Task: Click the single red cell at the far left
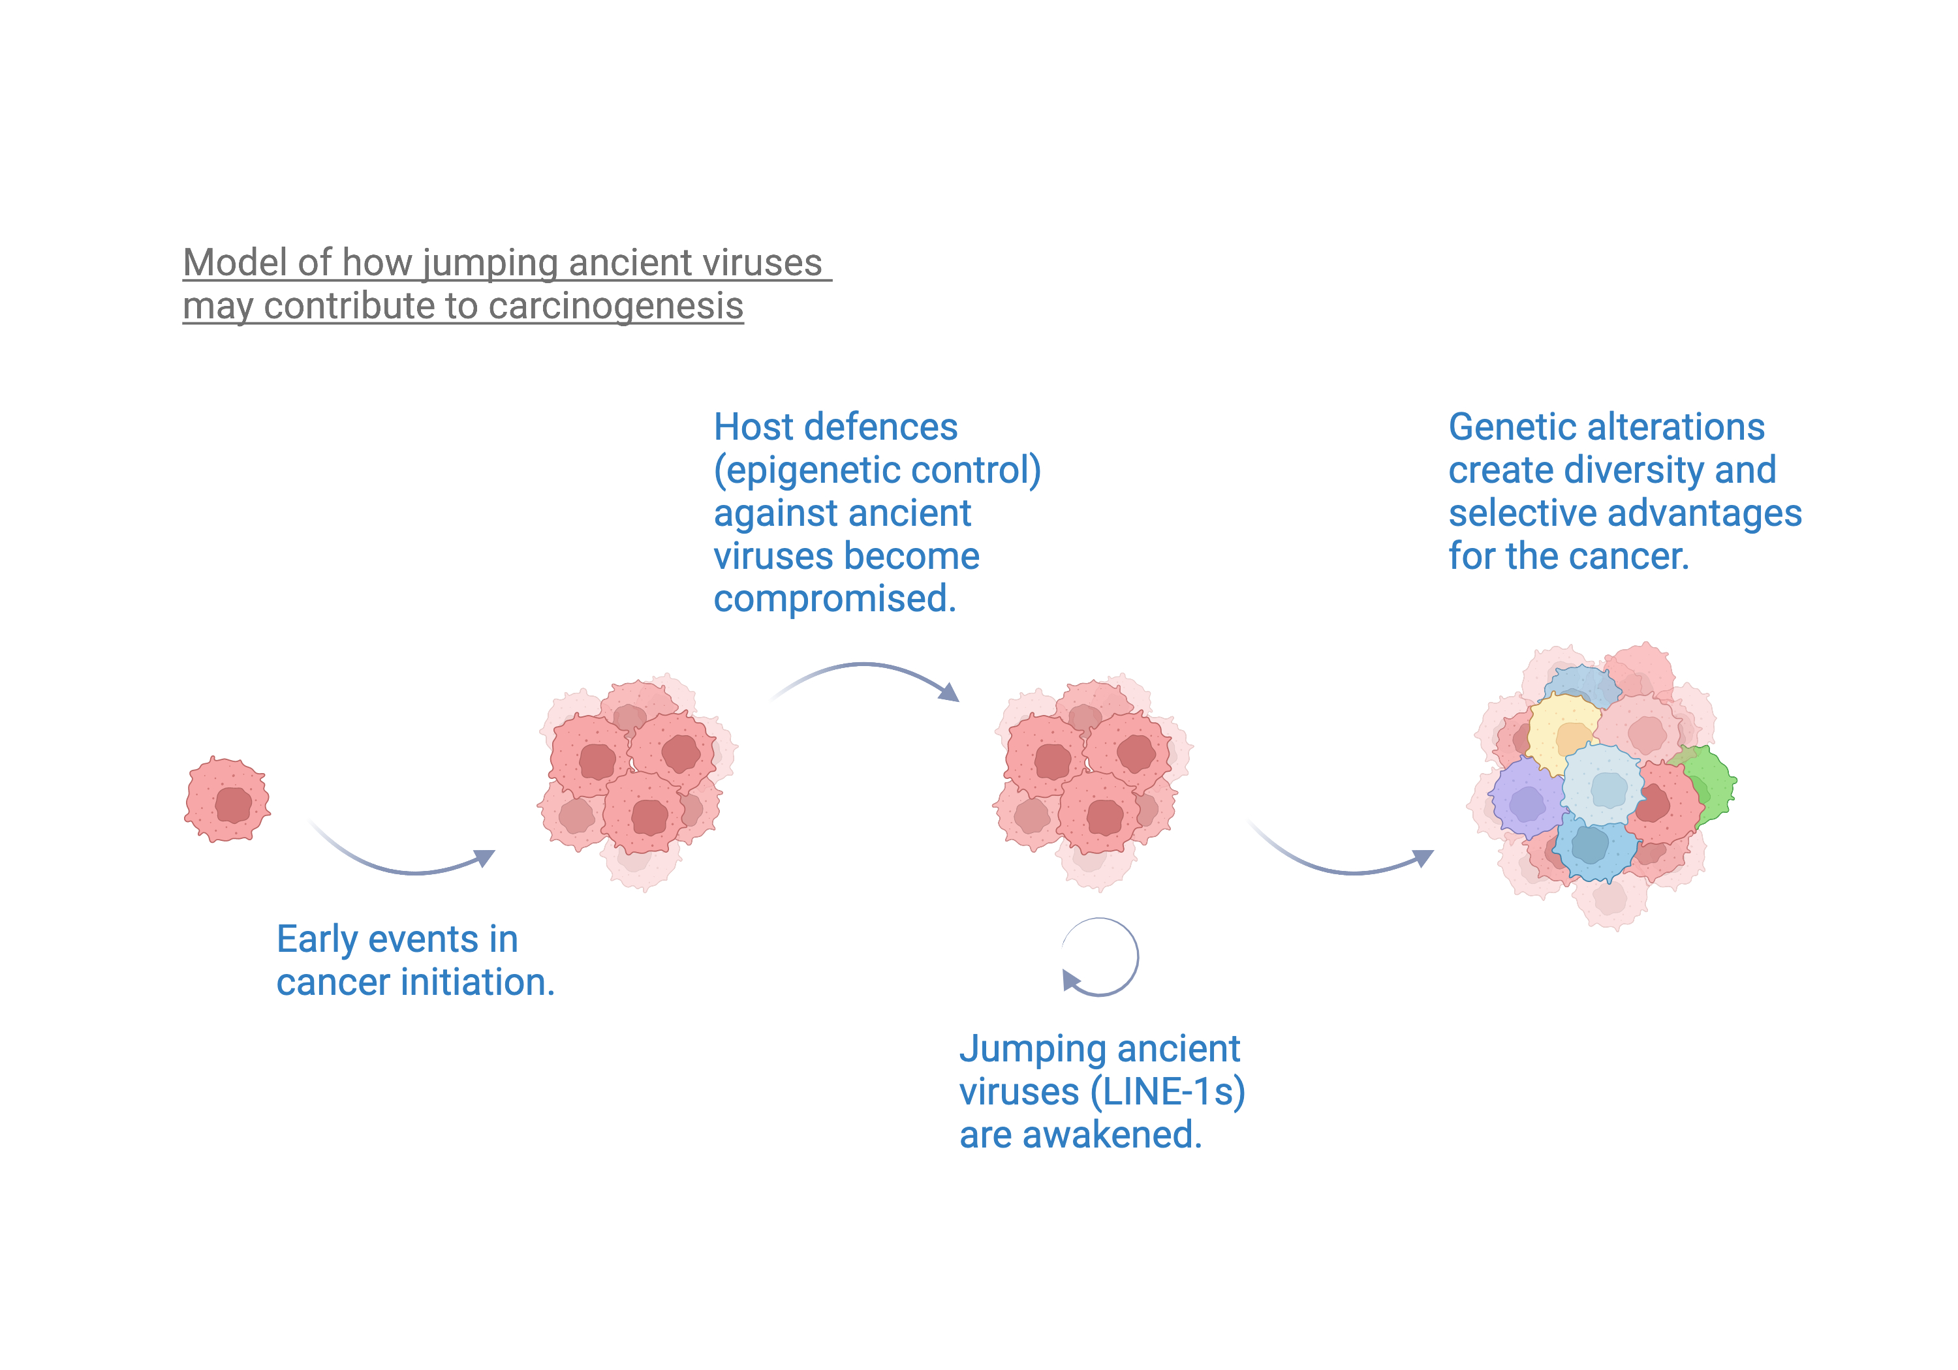[228, 799]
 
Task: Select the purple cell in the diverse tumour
[1527, 798]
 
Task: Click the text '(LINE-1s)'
[1168, 1092]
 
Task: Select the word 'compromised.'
[835, 598]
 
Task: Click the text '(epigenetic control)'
[878, 470]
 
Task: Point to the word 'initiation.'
[478, 982]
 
